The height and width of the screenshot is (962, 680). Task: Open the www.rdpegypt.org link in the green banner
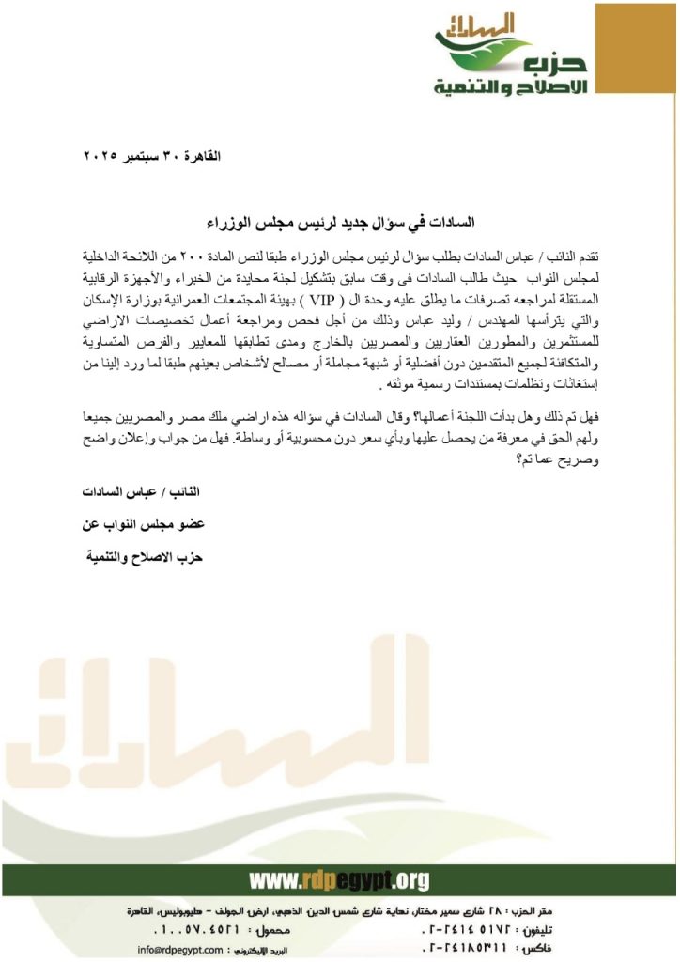pos(339,879)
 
